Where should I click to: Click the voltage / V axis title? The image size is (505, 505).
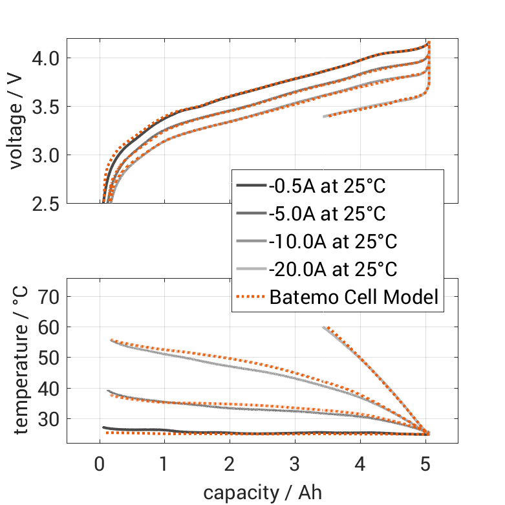point(17,122)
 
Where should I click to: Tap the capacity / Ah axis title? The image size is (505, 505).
point(263,492)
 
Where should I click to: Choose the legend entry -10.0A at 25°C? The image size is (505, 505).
point(332,242)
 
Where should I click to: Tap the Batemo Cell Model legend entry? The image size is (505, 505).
point(354,297)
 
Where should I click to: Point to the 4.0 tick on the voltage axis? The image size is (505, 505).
point(46,58)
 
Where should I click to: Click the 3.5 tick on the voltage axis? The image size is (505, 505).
point(46,107)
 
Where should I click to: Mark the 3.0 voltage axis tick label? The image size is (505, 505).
point(46,155)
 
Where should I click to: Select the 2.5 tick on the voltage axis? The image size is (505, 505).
point(46,204)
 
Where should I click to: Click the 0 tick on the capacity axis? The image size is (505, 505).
point(100,464)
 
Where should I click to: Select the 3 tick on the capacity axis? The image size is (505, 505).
point(295,464)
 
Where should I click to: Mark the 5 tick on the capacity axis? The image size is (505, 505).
point(425,464)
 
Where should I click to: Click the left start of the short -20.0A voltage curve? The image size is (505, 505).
point(324,116)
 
